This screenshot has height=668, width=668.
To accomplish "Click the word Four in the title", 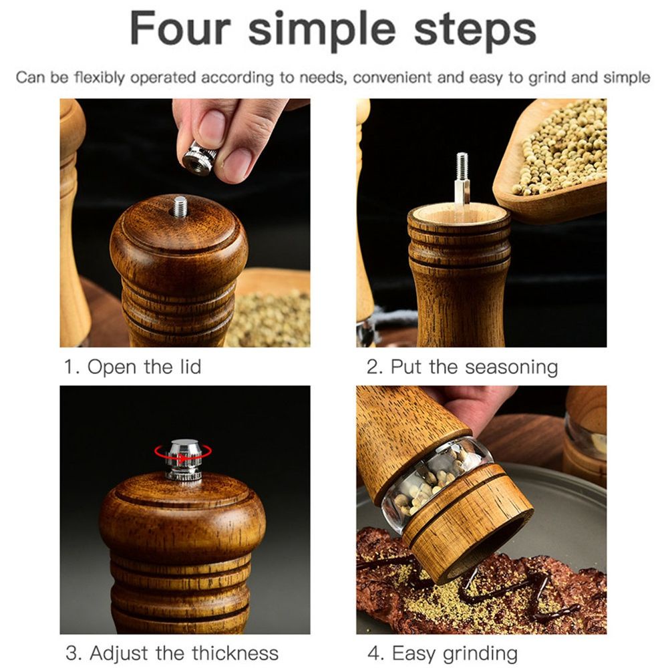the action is [x=180, y=29].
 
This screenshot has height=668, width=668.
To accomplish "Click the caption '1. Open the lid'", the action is [x=132, y=366].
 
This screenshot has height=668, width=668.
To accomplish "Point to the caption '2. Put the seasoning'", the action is [x=462, y=367].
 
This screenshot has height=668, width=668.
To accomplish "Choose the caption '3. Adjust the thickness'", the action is [x=172, y=653].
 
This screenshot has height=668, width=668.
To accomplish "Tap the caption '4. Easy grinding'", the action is [x=443, y=653].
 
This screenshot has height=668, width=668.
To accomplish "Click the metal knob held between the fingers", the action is [x=199, y=158].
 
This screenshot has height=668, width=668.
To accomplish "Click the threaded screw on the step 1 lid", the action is [x=180, y=206].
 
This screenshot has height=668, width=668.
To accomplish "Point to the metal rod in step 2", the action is [x=462, y=179].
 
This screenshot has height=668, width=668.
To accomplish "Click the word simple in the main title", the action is [x=322, y=30].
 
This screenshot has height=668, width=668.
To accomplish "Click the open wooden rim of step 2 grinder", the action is [x=459, y=214].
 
